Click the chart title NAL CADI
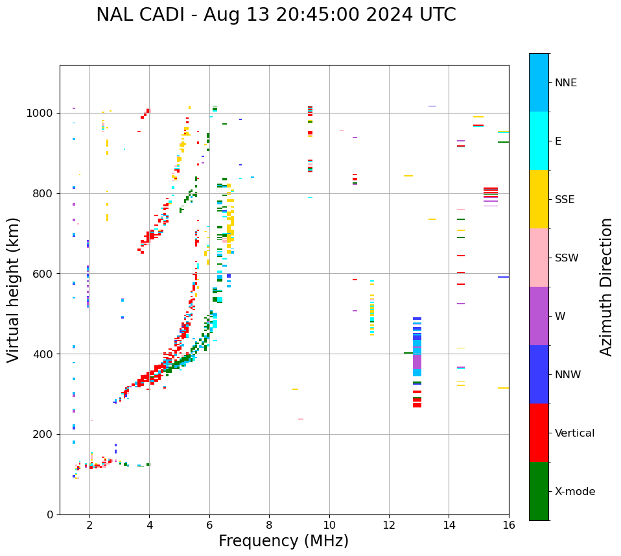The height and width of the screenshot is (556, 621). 276,15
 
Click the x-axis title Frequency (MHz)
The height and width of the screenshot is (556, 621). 283,541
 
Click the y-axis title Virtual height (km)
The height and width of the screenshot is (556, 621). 14,290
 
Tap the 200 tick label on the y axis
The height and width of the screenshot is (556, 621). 44,434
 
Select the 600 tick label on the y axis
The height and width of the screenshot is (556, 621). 44,274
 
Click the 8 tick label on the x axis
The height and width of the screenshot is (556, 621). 269,525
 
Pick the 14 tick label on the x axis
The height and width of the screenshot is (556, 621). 449,525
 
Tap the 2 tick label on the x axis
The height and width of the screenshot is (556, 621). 89,525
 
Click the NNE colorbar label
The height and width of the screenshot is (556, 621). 565,83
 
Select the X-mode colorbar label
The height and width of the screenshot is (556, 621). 574,492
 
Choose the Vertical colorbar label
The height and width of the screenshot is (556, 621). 574,433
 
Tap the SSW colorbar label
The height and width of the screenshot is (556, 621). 567,258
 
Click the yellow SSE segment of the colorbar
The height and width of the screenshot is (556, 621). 539,199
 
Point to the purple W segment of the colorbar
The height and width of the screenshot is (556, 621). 539,316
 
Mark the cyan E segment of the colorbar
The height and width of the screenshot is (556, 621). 539,141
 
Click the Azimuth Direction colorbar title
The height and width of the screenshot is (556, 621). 606,287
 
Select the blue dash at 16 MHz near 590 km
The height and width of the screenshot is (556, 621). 503,277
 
